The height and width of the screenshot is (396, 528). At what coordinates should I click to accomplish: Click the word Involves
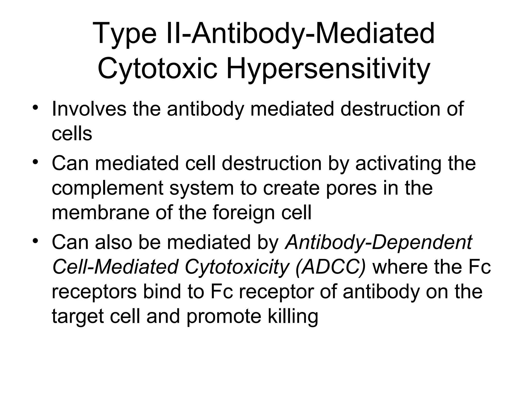(x=89, y=109)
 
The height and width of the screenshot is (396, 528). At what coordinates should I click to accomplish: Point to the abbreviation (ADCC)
(x=331, y=267)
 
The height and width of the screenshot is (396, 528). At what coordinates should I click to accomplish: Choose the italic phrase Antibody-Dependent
(x=378, y=242)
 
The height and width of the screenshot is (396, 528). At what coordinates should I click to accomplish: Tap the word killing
(x=293, y=317)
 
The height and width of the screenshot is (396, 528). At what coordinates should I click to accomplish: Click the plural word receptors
(x=94, y=292)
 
